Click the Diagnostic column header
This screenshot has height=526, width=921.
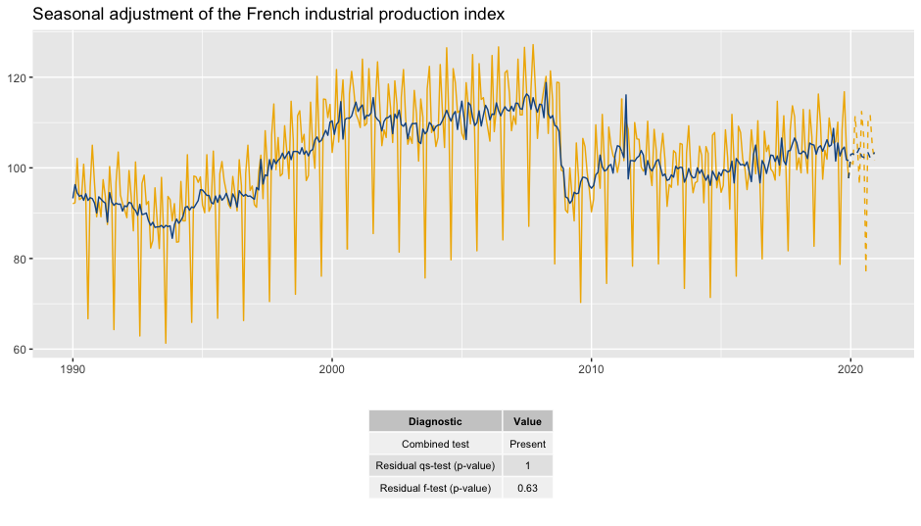(x=435, y=421)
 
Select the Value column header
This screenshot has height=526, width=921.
(x=527, y=421)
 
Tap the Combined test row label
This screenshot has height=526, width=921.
(x=435, y=444)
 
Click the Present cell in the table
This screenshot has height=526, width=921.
(x=527, y=444)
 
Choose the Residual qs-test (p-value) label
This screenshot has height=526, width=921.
(x=435, y=465)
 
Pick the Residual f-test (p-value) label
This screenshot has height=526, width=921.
(x=435, y=488)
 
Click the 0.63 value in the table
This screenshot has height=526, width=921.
(x=527, y=488)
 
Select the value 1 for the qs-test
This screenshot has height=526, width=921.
(x=527, y=465)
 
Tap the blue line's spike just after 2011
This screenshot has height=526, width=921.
(x=625, y=96)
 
